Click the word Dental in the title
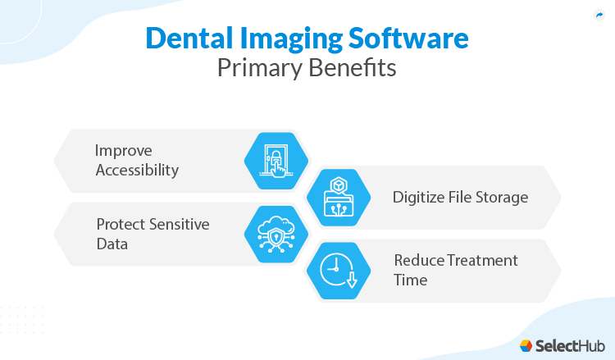(x=189, y=39)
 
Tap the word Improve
(x=124, y=151)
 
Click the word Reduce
(x=419, y=261)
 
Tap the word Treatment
(x=483, y=261)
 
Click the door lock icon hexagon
(x=276, y=160)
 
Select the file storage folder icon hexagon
(x=338, y=198)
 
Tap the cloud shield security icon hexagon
(x=276, y=235)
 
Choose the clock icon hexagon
(x=338, y=271)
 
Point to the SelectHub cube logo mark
(x=526, y=345)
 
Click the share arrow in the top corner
(x=599, y=15)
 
